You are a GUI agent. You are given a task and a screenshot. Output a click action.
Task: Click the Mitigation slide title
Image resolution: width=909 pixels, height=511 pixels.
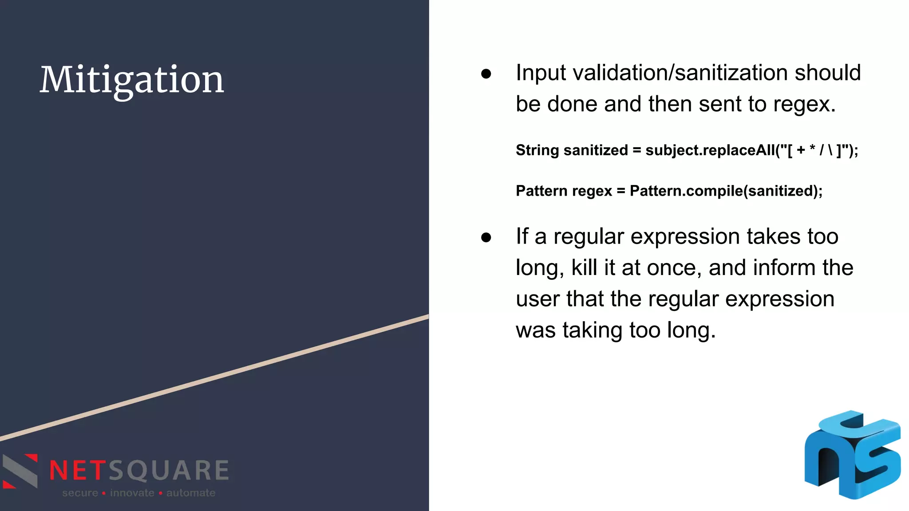pyautogui.click(x=132, y=80)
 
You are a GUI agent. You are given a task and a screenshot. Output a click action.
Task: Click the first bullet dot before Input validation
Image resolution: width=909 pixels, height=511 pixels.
pyautogui.click(x=486, y=74)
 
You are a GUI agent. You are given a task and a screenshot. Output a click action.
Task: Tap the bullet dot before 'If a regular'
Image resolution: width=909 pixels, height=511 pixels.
pyautogui.click(x=486, y=237)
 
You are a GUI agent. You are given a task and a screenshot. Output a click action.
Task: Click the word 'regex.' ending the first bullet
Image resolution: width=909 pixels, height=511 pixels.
pyautogui.click(x=804, y=105)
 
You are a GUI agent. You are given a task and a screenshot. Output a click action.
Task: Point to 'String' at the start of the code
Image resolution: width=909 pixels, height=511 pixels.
pyautogui.click(x=537, y=150)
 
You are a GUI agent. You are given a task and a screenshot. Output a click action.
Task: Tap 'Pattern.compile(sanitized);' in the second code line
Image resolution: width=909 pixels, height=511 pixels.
pyautogui.click(x=726, y=191)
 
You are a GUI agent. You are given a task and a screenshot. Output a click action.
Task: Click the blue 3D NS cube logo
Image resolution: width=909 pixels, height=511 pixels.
pyautogui.click(x=853, y=455)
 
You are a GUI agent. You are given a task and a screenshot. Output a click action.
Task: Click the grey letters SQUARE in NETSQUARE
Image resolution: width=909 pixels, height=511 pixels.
pyautogui.click(x=169, y=471)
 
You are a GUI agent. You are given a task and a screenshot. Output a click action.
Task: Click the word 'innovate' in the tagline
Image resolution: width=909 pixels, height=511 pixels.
pyautogui.click(x=132, y=493)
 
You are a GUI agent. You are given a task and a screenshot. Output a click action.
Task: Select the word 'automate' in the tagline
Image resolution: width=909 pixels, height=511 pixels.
pyautogui.click(x=191, y=493)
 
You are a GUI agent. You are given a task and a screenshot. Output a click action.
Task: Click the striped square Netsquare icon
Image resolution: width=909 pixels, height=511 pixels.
pyautogui.click(x=20, y=471)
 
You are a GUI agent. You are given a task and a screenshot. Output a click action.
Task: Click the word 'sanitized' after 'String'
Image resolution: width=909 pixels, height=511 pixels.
pyautogui.click(x=596, y=150)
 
